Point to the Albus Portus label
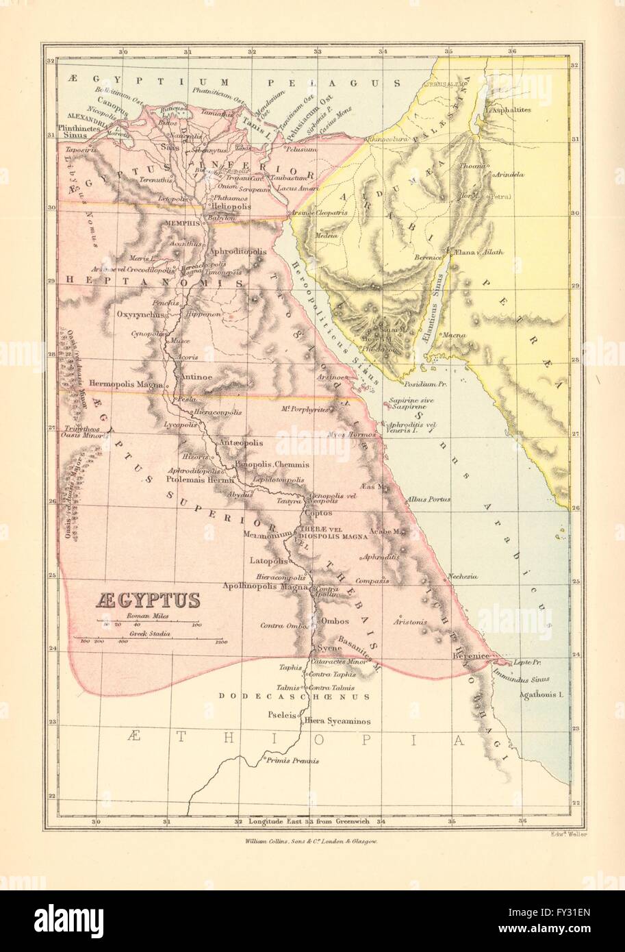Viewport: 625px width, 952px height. [x=429, y=499]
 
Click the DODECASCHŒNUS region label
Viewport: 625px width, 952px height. [x=294, y=697]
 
